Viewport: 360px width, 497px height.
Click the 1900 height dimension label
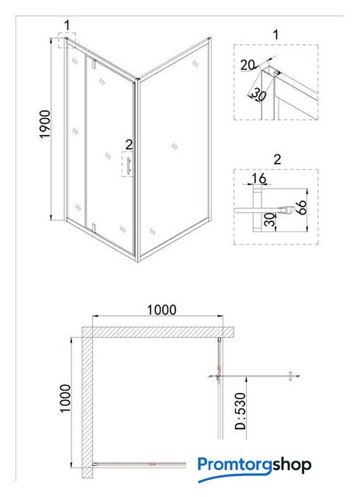point(45,124)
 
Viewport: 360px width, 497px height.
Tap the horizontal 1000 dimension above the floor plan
point(162,310)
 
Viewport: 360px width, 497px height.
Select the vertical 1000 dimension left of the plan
point(65,398)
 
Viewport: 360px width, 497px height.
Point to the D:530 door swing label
point(241,411)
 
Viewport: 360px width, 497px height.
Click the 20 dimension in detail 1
point(247,65)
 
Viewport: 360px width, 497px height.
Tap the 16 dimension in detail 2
point(259,179)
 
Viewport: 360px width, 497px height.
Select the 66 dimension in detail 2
point(302,207)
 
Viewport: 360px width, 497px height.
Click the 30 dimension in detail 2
point(270,220)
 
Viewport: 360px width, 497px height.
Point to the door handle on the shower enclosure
point(130,165)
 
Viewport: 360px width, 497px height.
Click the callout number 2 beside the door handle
point(129,145)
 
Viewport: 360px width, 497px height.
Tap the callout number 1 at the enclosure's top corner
point(67,25)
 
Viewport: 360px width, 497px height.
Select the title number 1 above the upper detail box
point(275,34)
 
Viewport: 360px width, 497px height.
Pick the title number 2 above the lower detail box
point(277,159)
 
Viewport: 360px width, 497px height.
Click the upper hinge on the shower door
point(94,64)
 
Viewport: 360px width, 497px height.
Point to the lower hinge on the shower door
point(94,228)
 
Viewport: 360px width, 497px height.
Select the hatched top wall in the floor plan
point(158,332)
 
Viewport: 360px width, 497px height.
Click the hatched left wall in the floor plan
point(88,402)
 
